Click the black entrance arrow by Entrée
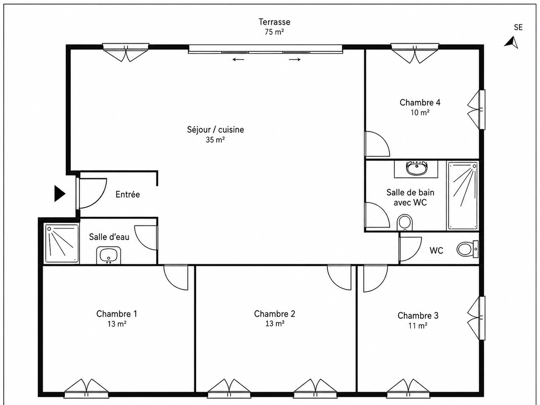[x=59, y=194]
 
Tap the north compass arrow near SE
[x=512, y=42]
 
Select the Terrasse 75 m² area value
[x=274, y=32]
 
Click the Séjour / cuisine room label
[x=215, y=130]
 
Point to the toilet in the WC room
[x=467, y=249]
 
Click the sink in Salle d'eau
[x=109, y=255]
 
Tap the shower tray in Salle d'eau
[x=62, y=243]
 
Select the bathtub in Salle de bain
[x=462, y=196]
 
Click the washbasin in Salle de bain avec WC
[x=416, y=169]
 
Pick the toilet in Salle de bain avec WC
[x=404, y=222]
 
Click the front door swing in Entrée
[x=92, y=193]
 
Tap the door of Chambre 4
[x=377, y=144]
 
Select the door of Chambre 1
[x=176, y=277]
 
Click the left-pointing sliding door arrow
[x=238, y=59]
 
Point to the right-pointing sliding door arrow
[x=295, y=59]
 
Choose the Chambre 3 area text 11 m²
[x=418, y=326]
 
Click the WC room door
[x=410, y=249]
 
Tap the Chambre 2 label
[x=274, y=314]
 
